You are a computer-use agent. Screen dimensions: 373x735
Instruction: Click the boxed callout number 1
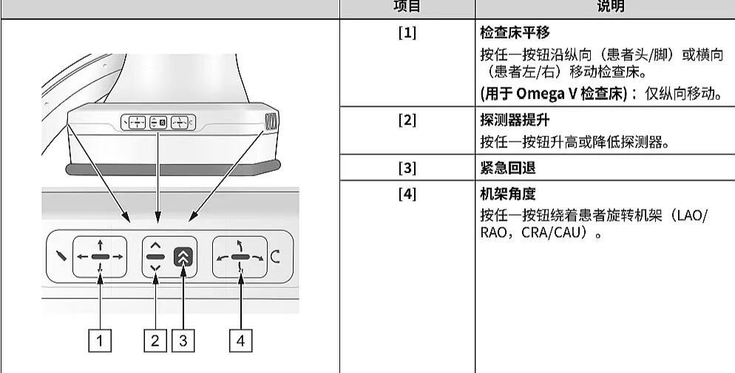click(101, 340)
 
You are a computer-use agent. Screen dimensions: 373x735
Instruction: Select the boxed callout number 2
click(155, 340)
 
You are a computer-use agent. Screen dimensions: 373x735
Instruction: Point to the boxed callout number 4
click(240, 340)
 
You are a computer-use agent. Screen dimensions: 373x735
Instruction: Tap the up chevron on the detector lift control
click(155, 243)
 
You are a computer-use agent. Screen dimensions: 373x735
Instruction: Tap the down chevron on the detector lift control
click(155, 269)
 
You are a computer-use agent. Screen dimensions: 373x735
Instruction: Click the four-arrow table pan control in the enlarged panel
click(100, 257)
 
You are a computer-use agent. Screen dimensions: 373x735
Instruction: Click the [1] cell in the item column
click(407, 34)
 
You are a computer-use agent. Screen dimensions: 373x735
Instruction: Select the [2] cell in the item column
click(407, 121)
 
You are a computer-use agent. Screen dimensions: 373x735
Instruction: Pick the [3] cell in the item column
click(407, 167)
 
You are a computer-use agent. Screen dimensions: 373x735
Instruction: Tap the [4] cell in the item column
click(407, 195)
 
